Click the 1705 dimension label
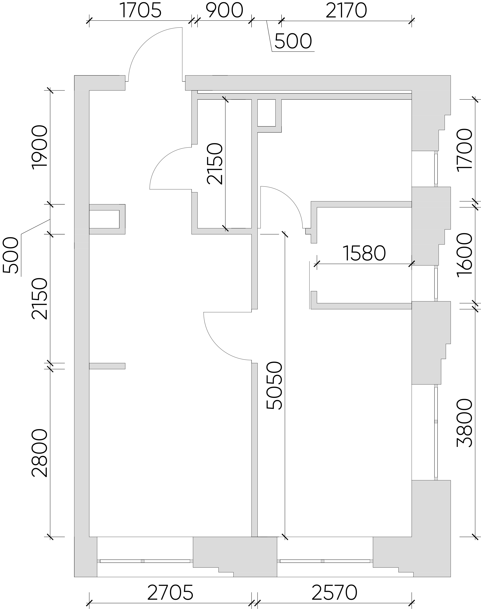pos(141,11)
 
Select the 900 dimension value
pos(224,11)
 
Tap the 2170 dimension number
pos(346,11)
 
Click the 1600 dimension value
pos(464,255)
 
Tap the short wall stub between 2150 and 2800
pos(107,366)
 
